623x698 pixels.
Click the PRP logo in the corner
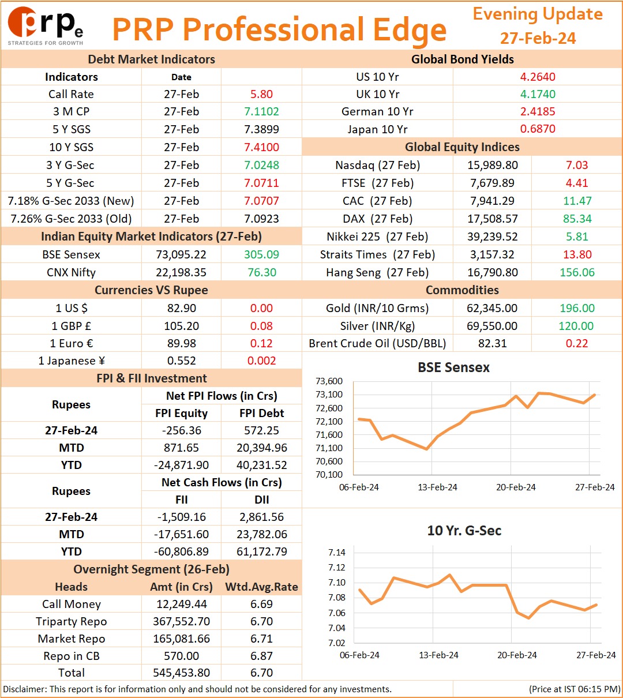[45, 26]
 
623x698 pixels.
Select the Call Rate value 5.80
[261, 94]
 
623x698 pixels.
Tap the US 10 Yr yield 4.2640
[538, 77]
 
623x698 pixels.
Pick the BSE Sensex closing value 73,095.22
[181, 254]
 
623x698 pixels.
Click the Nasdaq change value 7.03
[577, 165]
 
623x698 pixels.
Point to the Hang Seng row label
[377, 272]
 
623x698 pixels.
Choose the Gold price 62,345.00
[492, 307]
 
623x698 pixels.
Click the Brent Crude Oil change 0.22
[577, 343]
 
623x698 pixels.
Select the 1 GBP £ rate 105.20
[181, 325]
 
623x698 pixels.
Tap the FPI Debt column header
[261, 413]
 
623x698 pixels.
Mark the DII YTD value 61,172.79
[261, 551]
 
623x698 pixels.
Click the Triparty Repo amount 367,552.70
[181, 621]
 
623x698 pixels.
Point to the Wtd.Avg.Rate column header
[261, 587]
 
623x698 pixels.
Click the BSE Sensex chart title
[453, 367]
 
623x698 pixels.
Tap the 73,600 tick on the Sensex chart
[329, 381]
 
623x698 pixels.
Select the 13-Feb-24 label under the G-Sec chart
[438, 655]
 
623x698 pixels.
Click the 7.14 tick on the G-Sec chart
[337, 552]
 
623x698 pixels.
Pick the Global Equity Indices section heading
[462, 147]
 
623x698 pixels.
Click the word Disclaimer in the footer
[24, 689]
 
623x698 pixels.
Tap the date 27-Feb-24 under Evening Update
[538, 38]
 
